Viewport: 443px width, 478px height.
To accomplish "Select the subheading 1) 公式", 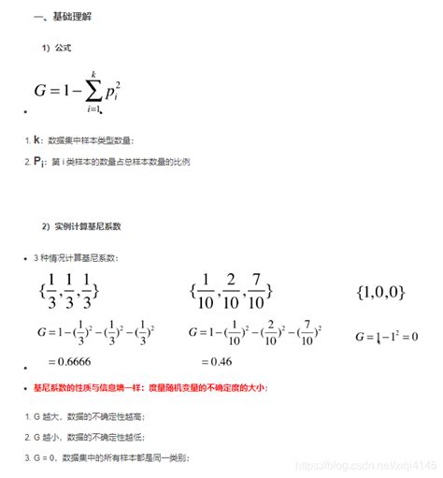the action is pyautogui.click(x=58, y=47).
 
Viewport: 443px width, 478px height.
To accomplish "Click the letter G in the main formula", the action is pyautogui.click(x=41, y=92).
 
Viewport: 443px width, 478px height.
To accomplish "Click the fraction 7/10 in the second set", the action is pyautogui.click(x=254, y=291).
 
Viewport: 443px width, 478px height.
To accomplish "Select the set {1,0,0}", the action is pyautogui.click(x=380, y=293).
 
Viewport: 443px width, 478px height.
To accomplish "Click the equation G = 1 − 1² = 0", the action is pyautogui.click(x=386, y=335).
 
